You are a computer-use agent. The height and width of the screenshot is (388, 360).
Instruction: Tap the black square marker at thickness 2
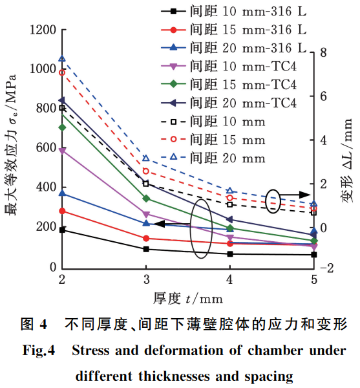click(62, 230)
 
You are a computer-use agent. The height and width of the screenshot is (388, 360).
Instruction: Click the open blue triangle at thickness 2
click(62, 59)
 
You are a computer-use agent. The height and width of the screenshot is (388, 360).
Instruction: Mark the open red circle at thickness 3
click(146, 171)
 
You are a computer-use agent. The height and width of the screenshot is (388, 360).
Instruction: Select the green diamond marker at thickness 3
click(146, 199)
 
